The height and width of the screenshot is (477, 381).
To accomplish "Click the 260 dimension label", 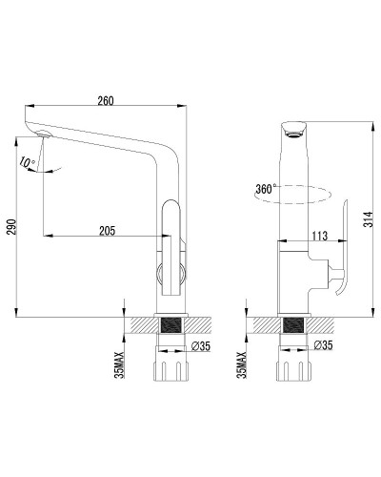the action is coord(106,101).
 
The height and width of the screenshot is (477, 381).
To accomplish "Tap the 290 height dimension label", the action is coord(11,227).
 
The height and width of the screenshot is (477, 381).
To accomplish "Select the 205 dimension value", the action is coord(107,231).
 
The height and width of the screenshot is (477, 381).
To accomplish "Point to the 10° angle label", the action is coord(27,162).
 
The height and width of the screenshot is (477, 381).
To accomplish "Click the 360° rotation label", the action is coord(264,189).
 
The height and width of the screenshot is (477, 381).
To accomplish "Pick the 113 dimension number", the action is coord(319,236).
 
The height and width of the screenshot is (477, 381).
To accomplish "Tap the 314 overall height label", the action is coord(368,219).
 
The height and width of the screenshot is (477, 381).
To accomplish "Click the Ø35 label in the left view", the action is coord(201,346).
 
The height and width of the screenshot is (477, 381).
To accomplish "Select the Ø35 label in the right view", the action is coord(323,345).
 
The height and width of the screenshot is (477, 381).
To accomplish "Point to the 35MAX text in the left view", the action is coord(120,365).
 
